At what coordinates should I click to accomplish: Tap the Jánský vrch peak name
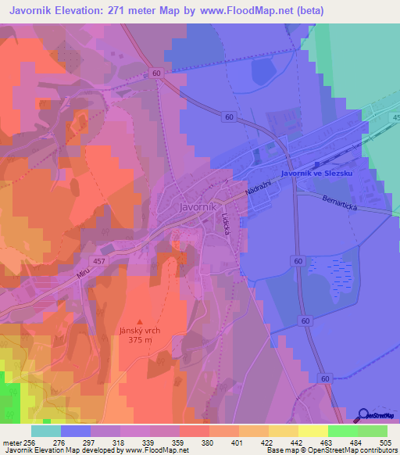coord(141,331)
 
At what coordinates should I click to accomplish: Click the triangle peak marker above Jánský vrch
coord(141,321)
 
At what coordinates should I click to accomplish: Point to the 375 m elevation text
coord(141,340)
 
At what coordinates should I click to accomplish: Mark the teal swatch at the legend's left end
coord(46,431)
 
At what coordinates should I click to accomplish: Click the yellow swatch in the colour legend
coord(312,431)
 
